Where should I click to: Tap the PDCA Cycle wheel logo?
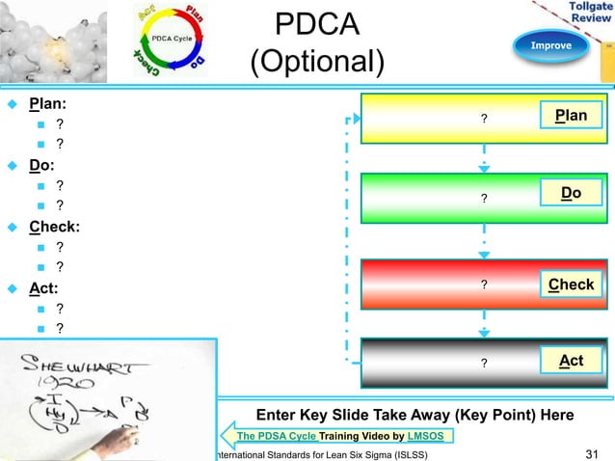tap(171, 41)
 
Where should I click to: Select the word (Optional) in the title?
tap(317, 63)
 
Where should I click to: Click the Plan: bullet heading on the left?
tap(53, 103)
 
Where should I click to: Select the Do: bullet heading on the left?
tap(45, 164)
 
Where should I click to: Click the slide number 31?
tap(593, 453)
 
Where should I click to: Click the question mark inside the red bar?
tap(484, 285)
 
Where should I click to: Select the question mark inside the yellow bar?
tap(484, 119)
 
